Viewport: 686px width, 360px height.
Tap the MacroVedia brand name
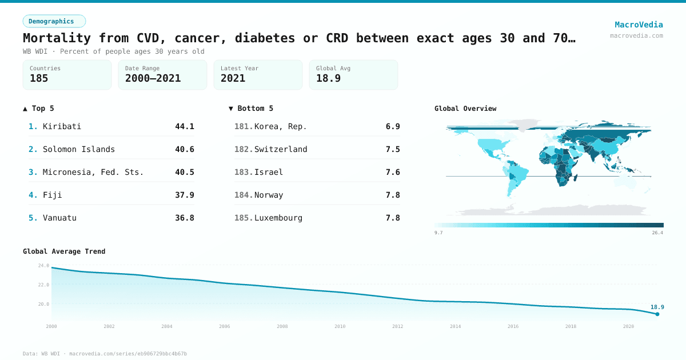point(639,25)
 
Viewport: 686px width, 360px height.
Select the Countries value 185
point(39,78)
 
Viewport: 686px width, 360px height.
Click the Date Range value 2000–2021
point(153,78)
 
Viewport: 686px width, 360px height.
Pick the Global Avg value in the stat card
point(328,78)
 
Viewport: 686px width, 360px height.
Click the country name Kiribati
point(62,126)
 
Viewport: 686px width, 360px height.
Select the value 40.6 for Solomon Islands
point(185,149)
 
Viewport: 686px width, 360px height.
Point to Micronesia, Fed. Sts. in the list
point(93,172)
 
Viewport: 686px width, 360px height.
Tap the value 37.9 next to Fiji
point(185,195)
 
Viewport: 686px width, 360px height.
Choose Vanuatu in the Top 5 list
point(59,218)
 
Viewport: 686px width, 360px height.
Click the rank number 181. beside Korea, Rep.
point(244,126)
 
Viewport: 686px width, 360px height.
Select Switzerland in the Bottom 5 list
point(281,149)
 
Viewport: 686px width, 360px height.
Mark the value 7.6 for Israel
point(393,172)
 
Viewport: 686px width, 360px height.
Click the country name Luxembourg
point(278,218)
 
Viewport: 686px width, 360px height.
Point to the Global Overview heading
point(465,109)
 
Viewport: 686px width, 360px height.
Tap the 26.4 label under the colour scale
point(657,233)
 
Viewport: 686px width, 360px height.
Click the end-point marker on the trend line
point(657,314)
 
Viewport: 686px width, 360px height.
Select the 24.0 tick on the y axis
point(43,265)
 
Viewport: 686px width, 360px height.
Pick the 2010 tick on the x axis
point(340,326)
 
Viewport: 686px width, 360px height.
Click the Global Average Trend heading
point(64,251)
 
